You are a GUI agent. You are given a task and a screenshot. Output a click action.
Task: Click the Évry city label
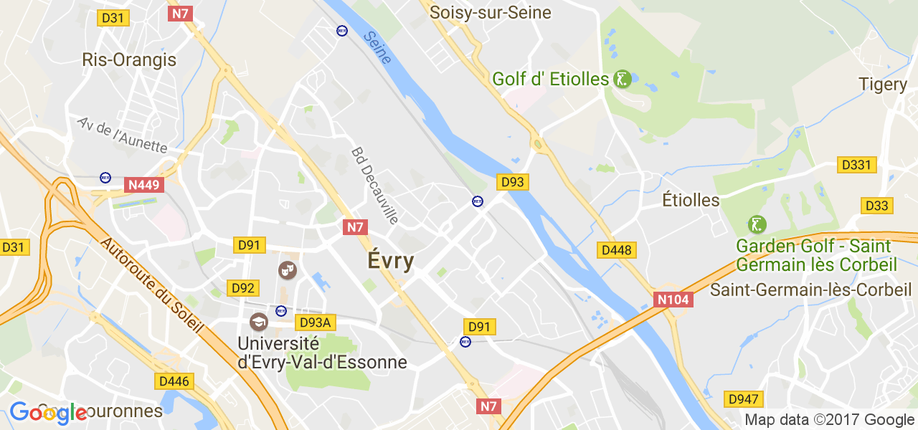[391, 261]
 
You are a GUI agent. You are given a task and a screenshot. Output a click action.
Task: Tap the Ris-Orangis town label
[129, 59]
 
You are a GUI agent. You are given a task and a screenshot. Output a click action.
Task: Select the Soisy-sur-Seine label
[491, 12]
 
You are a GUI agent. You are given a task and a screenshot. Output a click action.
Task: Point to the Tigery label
[883, 85]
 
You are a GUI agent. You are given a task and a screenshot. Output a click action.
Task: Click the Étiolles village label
[691, 200]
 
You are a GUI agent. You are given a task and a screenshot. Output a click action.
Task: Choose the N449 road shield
[145, 185]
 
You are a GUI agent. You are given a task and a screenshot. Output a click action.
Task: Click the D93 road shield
[513, 182]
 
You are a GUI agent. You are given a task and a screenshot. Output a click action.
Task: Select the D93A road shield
[315, 322]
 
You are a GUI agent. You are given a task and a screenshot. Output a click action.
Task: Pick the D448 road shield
[617, 250]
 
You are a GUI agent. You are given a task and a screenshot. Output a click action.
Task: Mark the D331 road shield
[856, 165]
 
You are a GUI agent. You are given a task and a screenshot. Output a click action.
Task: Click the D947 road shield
[744, 399]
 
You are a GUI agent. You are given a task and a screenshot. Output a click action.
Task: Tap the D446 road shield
[174, 381]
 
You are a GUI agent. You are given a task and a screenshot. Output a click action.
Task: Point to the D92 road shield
[243, 288]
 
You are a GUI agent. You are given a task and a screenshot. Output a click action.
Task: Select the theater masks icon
[288, 270]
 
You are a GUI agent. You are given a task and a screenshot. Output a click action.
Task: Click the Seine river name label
[377, 47]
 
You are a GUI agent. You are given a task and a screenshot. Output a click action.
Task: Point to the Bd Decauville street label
[374, 186]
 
